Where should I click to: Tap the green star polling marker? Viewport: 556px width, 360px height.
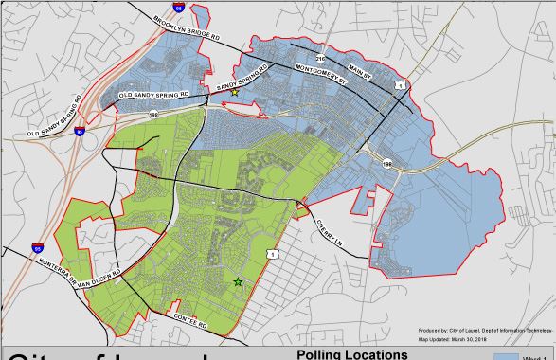[x=238, y=281]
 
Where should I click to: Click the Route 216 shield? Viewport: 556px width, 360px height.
[x=320, y=58]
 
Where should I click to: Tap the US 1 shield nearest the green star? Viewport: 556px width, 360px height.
[x=272, y=254]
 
